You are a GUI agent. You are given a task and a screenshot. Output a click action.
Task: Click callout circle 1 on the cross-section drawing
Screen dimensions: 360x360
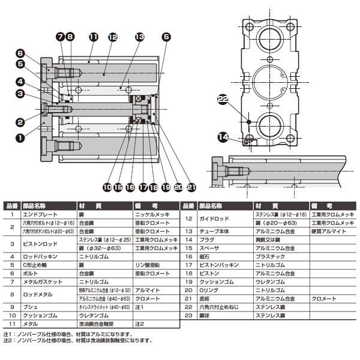pyautogui.click(x=19, y=137)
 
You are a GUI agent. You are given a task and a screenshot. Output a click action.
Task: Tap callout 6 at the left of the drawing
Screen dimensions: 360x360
pyautogui.click(x=19, y=53)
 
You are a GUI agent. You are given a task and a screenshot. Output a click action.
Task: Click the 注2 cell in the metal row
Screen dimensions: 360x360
pyautogui.click(x=140, y=323)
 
